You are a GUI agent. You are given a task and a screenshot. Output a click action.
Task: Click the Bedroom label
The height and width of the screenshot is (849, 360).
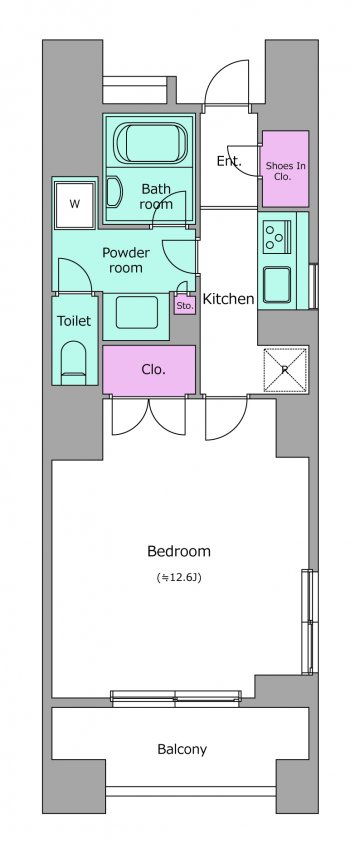pyautogui.click(x=179, y=551)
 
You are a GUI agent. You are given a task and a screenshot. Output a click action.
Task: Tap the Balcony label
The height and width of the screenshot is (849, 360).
pyautogui.click(x=182, y=749)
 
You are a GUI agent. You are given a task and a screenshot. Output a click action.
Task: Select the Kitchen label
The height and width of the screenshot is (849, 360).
pyautogui.click(x=228, y=298)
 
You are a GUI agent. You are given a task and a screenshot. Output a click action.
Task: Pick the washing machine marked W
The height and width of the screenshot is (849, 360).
pyautogui.click(x=75, y=204)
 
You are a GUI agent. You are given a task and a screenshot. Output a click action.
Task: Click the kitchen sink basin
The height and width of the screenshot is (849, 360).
pyautogui.click(x=277, y=285)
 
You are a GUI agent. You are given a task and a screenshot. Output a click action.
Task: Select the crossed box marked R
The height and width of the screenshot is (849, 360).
pyautogui.click(x=285, y=370)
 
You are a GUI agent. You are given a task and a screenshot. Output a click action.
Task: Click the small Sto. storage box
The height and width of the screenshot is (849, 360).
pyautogui.click(x=185, y=305)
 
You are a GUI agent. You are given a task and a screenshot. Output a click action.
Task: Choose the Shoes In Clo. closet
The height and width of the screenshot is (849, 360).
pyautogui.click(x=285, y=168)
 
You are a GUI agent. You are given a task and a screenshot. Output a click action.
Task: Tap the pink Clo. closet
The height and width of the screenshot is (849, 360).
pyautogui.click(x=149, y=370)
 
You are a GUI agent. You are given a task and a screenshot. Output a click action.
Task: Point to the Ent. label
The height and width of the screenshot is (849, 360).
pyautogui.click(x=228, y=161)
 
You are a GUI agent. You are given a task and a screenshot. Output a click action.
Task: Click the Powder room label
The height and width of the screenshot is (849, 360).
pyautogui.click(x=126, y=260)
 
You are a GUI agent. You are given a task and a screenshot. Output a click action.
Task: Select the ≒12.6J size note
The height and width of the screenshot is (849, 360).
pyautogui.click(x=179, y=578)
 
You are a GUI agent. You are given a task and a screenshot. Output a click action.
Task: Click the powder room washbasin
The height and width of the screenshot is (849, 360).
pyautogui.click(x=137, y=312)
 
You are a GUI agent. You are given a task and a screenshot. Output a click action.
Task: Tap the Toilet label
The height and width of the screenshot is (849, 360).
pyautogui.click(x=74, y=321)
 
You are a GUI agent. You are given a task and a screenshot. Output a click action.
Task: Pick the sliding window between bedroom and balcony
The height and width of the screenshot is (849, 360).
pyautogui.click(x=176, y=697)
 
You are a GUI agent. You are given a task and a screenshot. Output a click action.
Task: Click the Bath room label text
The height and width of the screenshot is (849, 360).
pyautogui.click(x=156, y=197)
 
